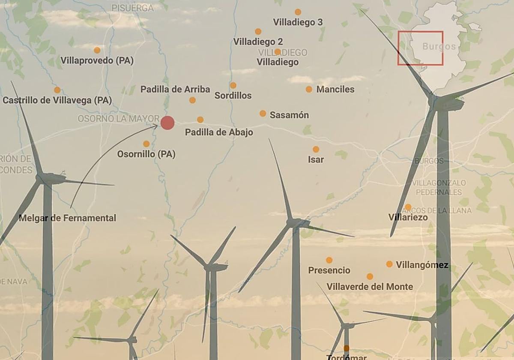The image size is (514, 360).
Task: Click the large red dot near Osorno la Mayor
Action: [167, 123]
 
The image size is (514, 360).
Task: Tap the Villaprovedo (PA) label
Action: [97, 60]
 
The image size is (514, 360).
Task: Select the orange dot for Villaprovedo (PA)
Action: [97, 50]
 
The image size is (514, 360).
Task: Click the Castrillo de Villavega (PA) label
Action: [57, 100]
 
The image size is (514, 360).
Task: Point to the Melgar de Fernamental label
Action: [67, 218]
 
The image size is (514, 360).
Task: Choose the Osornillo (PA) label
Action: [146, 154]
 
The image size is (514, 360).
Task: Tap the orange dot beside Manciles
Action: [309, 89]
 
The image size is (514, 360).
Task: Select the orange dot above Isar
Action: [316, 149]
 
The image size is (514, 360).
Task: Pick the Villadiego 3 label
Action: [298, 22]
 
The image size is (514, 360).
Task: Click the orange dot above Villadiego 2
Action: [258, 31]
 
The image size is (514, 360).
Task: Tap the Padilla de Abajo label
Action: [219, 132]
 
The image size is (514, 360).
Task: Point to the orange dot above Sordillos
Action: [233, 85]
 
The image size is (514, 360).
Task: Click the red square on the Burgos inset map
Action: [420, 48]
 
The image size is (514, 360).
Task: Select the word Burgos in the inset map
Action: [439, 46]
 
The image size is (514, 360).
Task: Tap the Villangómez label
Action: [422, 265]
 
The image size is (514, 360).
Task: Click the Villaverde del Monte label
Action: [370, 286]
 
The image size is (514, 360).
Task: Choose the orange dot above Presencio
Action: [329, 260]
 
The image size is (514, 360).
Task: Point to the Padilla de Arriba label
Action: [175, 89]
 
